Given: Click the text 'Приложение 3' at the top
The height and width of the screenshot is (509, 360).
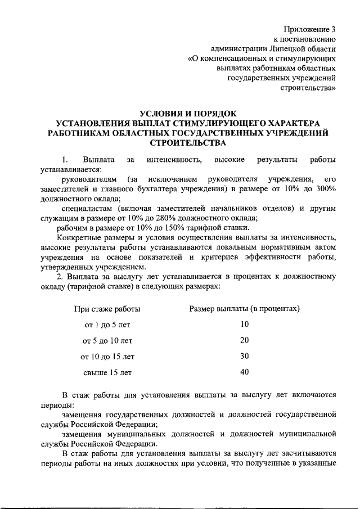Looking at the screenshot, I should click(310, 29).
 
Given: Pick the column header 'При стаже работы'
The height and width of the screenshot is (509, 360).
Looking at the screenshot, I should click(107, 309).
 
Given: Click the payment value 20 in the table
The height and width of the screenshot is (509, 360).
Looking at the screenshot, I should click(244, 340).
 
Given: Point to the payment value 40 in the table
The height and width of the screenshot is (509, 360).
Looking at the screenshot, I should click(244, 372).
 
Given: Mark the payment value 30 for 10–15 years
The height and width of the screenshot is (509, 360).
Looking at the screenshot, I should click(244, 356).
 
